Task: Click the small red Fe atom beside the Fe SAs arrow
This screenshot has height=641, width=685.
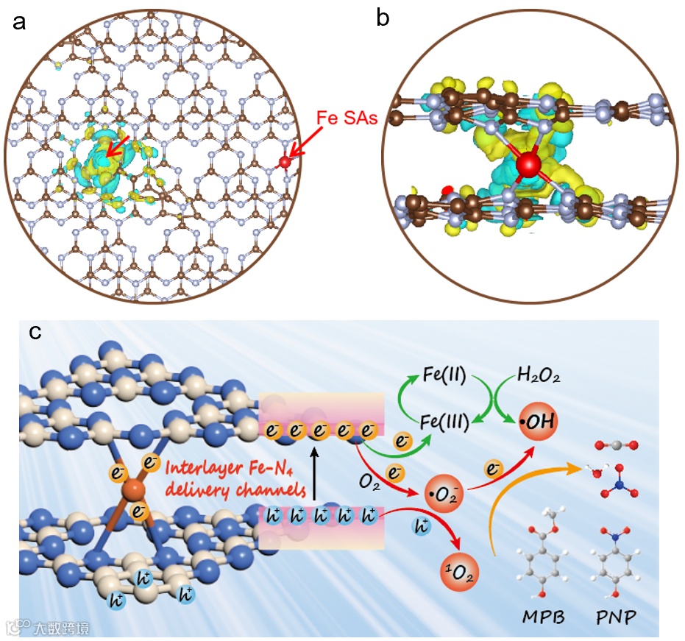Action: tap(285, 161)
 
